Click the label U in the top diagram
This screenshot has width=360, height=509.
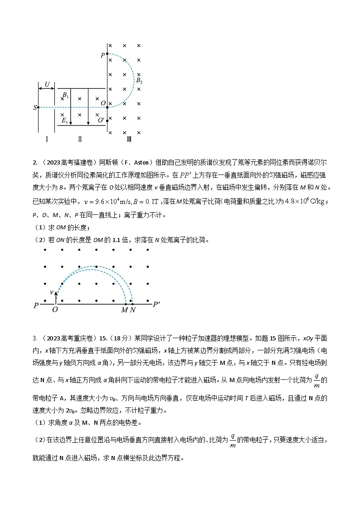pyautogui.click(x=47, y=84)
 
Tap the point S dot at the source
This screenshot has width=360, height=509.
pyautogui.click(x=38, y=107)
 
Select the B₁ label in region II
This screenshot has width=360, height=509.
pyautogui.click(x=65, y=96)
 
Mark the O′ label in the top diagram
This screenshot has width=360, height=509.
pyautogui.click(x=101, y=121)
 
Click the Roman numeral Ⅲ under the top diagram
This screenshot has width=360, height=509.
pyautogui.click(x=129, y=139)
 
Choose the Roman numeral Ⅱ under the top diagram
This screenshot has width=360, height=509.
pyautogui.click(x=80, y=139)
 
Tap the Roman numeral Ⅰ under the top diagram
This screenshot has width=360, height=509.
pyautogui.click(x=47, y=139)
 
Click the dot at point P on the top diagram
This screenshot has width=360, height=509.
pyautogui.click(x=107, y=54)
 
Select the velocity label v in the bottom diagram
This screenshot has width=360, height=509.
pyautogui.click(x=51, y=292)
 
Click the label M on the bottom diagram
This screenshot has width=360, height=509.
pyautogui.click(x=124, y=310)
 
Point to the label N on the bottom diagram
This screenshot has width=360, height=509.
pyautogui.click(x=132, y=310)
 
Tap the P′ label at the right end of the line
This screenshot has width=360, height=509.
pyautogui.click(x=156, y=304)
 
